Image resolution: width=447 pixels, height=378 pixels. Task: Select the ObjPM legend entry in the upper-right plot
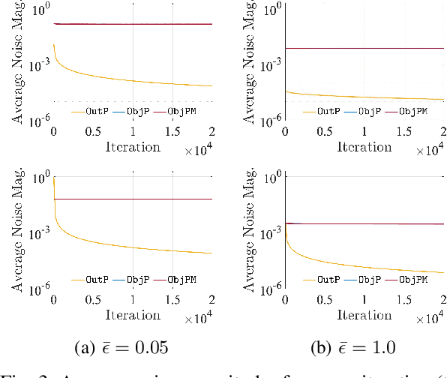coord(412,111)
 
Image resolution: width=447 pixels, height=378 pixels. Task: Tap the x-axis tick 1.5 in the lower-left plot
coord(173,300)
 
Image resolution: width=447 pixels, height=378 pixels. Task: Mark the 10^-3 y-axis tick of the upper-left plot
coord(37,66)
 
